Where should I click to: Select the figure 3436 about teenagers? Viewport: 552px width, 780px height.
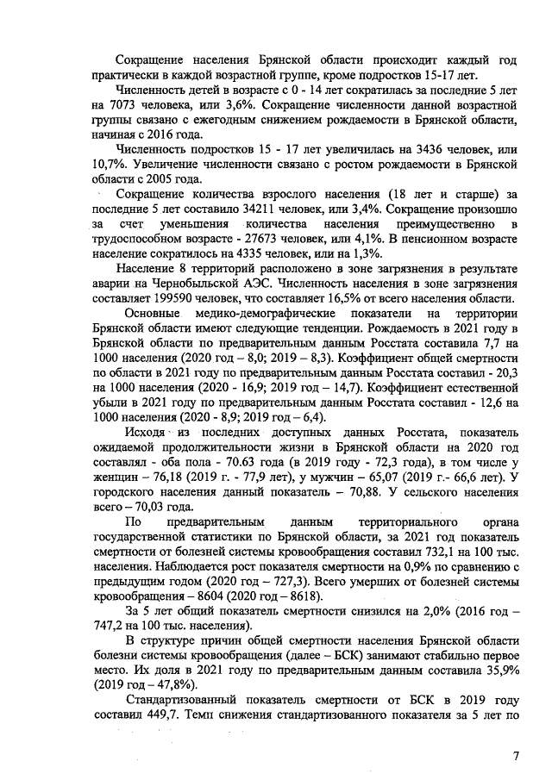(x=415, y=149)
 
